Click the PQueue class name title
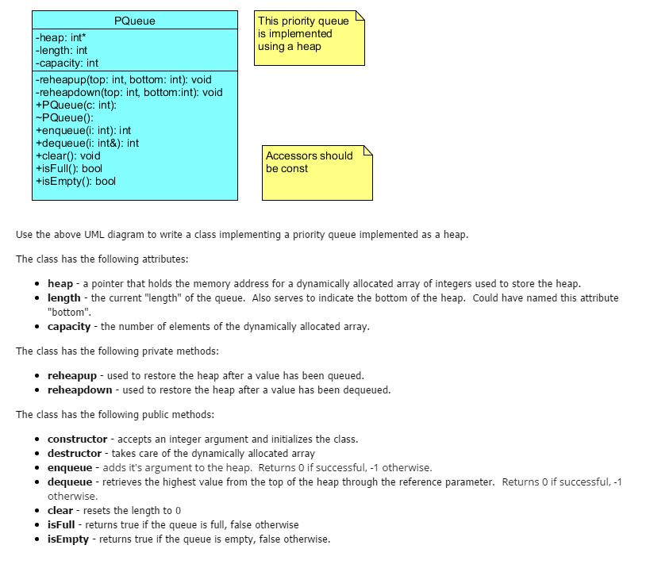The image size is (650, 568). pos(134,21)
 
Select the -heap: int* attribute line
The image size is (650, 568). pos(61,38)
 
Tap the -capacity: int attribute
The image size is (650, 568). pos(67,63)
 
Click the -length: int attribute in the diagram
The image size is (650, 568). pos(62,51)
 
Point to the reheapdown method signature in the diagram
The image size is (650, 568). pos(129,93)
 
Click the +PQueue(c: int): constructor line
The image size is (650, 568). pos(76,106)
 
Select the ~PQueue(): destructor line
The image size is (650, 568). pos(65,118)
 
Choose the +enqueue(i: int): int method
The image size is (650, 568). pos(83,131)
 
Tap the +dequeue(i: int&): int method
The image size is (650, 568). pos(87,144)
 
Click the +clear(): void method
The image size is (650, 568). pos(68,156)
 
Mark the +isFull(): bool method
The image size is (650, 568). pos(69,169)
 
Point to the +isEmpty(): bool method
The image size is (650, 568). pos(76,182)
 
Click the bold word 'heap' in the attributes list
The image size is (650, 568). pos(60,284)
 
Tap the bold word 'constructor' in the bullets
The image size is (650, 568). pos(77,439)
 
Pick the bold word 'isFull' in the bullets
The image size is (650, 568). pos(62,525)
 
